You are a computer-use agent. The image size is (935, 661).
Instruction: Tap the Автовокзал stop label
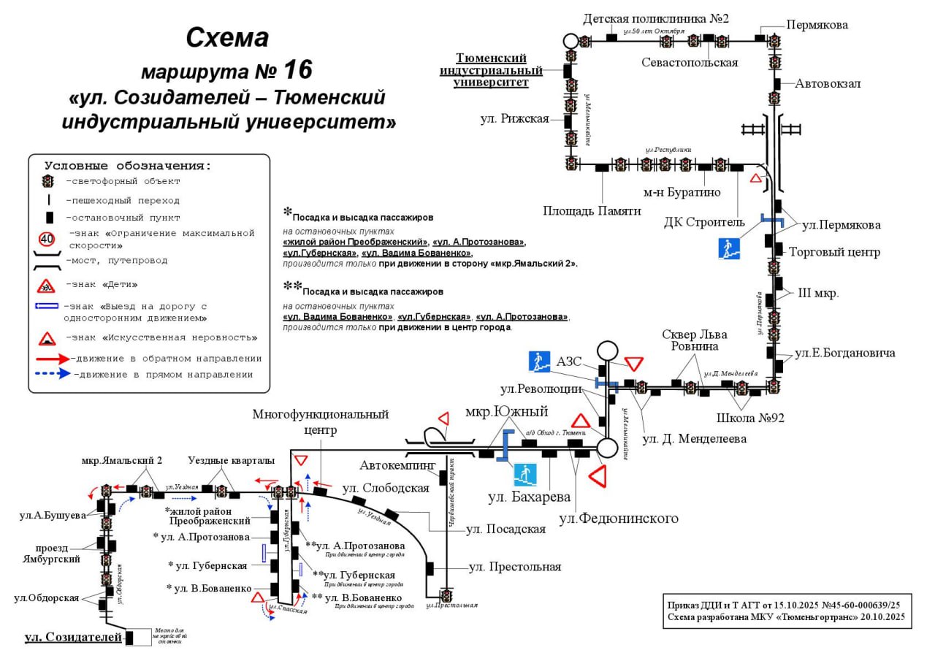pyautogui.click(x=828, y=83)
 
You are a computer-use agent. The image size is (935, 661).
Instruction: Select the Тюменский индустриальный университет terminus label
pyautogui.click(x=491, y=70)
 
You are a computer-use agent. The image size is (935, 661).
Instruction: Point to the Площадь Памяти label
pyautogui.click(x=592, y=210)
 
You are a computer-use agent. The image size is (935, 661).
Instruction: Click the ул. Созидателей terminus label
pyautogui.click(x=73, y=637)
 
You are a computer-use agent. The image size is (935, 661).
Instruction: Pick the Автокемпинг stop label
pyautogui.click(x=397, y=465)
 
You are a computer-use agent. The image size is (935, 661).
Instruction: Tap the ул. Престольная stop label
pyautogui.click(x=514, y=567)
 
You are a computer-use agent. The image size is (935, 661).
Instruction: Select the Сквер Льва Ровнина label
pyautogui.click(x=690, y=340)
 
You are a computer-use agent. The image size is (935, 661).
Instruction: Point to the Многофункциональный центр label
pyautogui.click(x=321, y=421)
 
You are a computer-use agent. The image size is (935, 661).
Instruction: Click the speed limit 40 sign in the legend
pyautogui.click(x=47, y=238)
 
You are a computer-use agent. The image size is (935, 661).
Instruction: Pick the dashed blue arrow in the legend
pyautogui.click(x=52, y=374)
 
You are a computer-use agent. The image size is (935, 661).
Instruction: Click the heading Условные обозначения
pyautogui.click(x=128, y=166)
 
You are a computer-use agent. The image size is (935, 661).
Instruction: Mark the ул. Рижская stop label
pyautogui.click(x=514, y=118)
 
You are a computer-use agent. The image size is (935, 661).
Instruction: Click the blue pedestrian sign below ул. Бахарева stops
pyautogui.click(x=525, y=475)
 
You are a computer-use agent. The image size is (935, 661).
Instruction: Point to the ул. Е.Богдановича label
pyautogui.click(x=845, y=354)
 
